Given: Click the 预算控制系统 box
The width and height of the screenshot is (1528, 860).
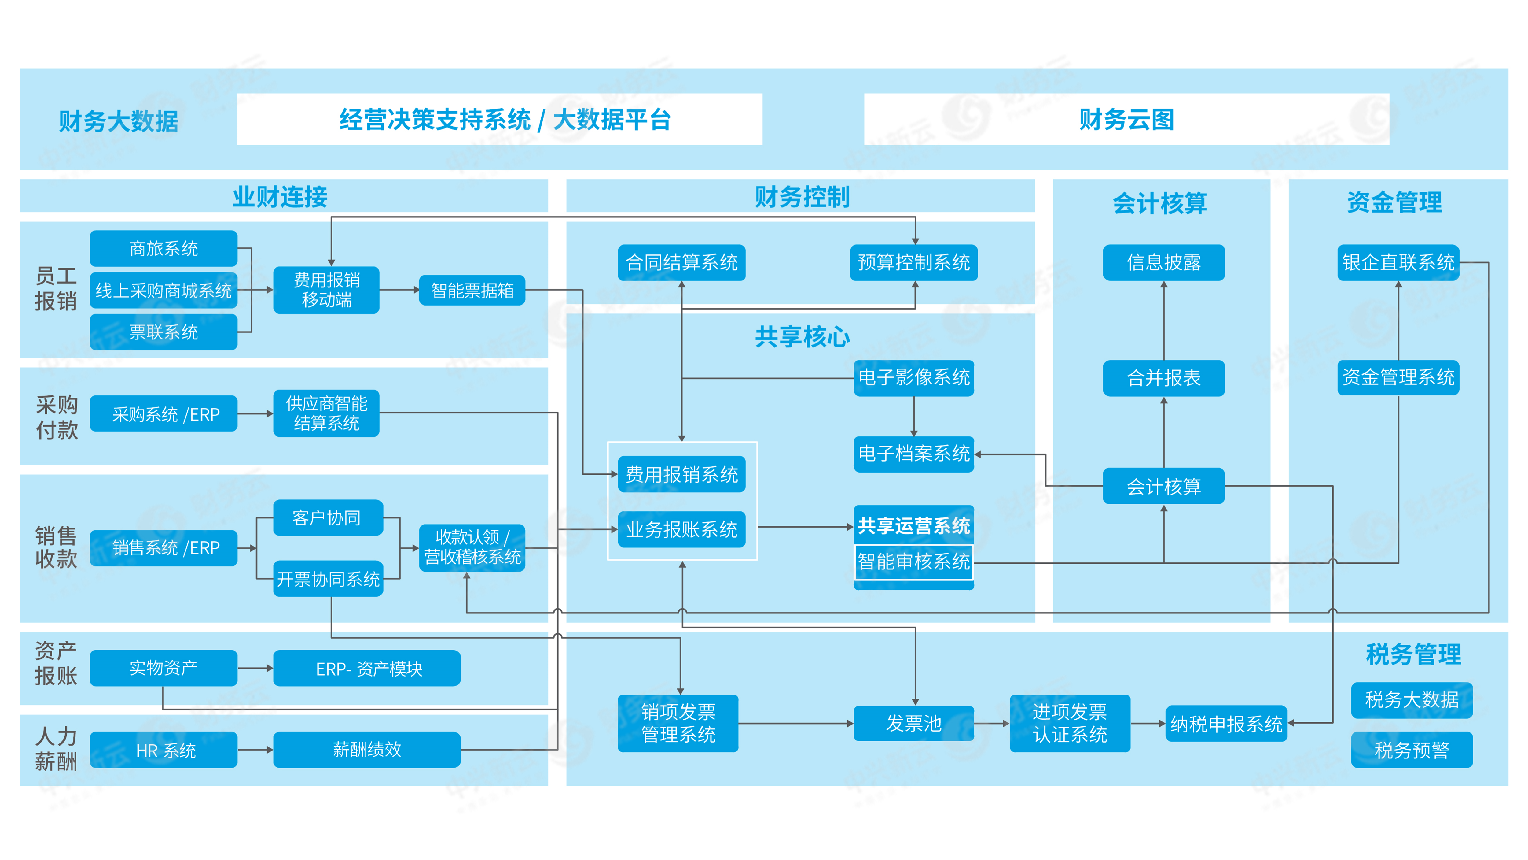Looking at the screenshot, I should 913,262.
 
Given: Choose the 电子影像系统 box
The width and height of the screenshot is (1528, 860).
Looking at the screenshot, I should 913,377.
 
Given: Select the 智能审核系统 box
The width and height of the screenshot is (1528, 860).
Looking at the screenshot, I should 913,562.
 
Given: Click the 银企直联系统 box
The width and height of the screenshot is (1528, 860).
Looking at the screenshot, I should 1398,262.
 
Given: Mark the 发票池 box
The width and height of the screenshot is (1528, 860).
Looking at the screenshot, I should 913,724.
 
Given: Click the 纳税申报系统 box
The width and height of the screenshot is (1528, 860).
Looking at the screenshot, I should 1226,724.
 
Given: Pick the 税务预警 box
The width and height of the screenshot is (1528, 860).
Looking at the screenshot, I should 1412,750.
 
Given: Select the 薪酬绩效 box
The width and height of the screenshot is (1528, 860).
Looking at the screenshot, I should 367,750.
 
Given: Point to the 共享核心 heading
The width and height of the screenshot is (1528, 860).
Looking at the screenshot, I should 802,336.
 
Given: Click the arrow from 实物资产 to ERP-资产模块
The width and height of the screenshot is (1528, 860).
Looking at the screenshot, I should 255,668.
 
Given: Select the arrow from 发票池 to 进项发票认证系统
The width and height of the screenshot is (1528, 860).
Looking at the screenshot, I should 992,724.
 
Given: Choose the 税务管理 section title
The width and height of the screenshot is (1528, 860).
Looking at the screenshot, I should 1413,654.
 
